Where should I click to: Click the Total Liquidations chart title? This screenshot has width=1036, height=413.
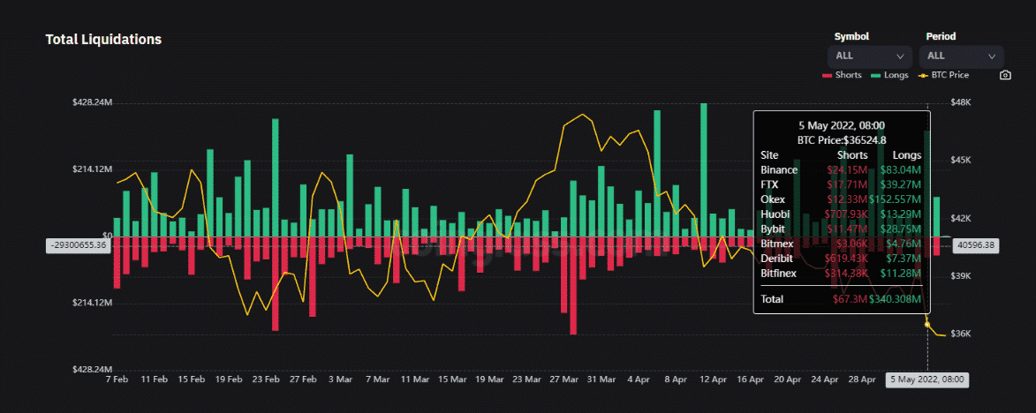[103, 40]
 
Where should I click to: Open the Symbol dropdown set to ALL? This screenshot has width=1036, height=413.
[870, 56]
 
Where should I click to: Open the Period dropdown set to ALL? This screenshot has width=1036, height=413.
[961, 56]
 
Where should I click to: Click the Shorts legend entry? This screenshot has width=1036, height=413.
[842, 75]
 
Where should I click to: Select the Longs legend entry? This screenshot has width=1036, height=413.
[889, 75]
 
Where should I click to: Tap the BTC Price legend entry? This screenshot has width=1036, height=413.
[943, 75]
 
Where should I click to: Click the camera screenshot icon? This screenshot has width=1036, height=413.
[1005, 75]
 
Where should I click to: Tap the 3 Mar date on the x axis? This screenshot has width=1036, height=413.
[340, 379]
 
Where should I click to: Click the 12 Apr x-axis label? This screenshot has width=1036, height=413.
[713, 379]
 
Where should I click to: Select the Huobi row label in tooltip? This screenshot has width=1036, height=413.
[775, 214]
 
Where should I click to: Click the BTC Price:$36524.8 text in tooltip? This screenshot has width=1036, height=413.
[842, 139]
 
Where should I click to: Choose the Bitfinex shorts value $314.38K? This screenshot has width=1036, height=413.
[845, 274]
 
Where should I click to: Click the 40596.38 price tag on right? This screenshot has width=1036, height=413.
[977, 245]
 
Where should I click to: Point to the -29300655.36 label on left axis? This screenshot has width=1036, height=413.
[78, 245]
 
